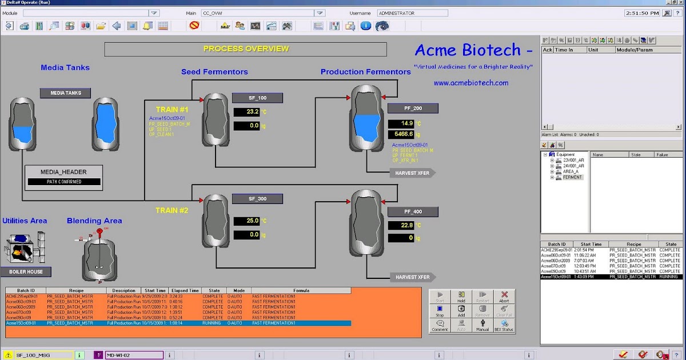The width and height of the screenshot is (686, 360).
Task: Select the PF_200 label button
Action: [413, 109]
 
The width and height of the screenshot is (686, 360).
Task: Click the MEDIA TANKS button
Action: [66, 93]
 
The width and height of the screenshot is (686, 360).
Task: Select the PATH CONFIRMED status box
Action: [64, 182]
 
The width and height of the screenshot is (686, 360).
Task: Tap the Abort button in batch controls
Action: [504, 297]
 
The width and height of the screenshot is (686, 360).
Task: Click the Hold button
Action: [461, 297]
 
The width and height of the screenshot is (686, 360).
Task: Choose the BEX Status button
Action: [504, 326]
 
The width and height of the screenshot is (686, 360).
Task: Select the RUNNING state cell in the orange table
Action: [212, 323]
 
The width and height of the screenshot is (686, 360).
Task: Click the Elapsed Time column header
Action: [185, 290]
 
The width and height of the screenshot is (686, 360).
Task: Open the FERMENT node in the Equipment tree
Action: [572, 177]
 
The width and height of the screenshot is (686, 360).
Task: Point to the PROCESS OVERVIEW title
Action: [246, 49]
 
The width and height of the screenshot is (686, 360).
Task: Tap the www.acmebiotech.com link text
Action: [471, 83]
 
